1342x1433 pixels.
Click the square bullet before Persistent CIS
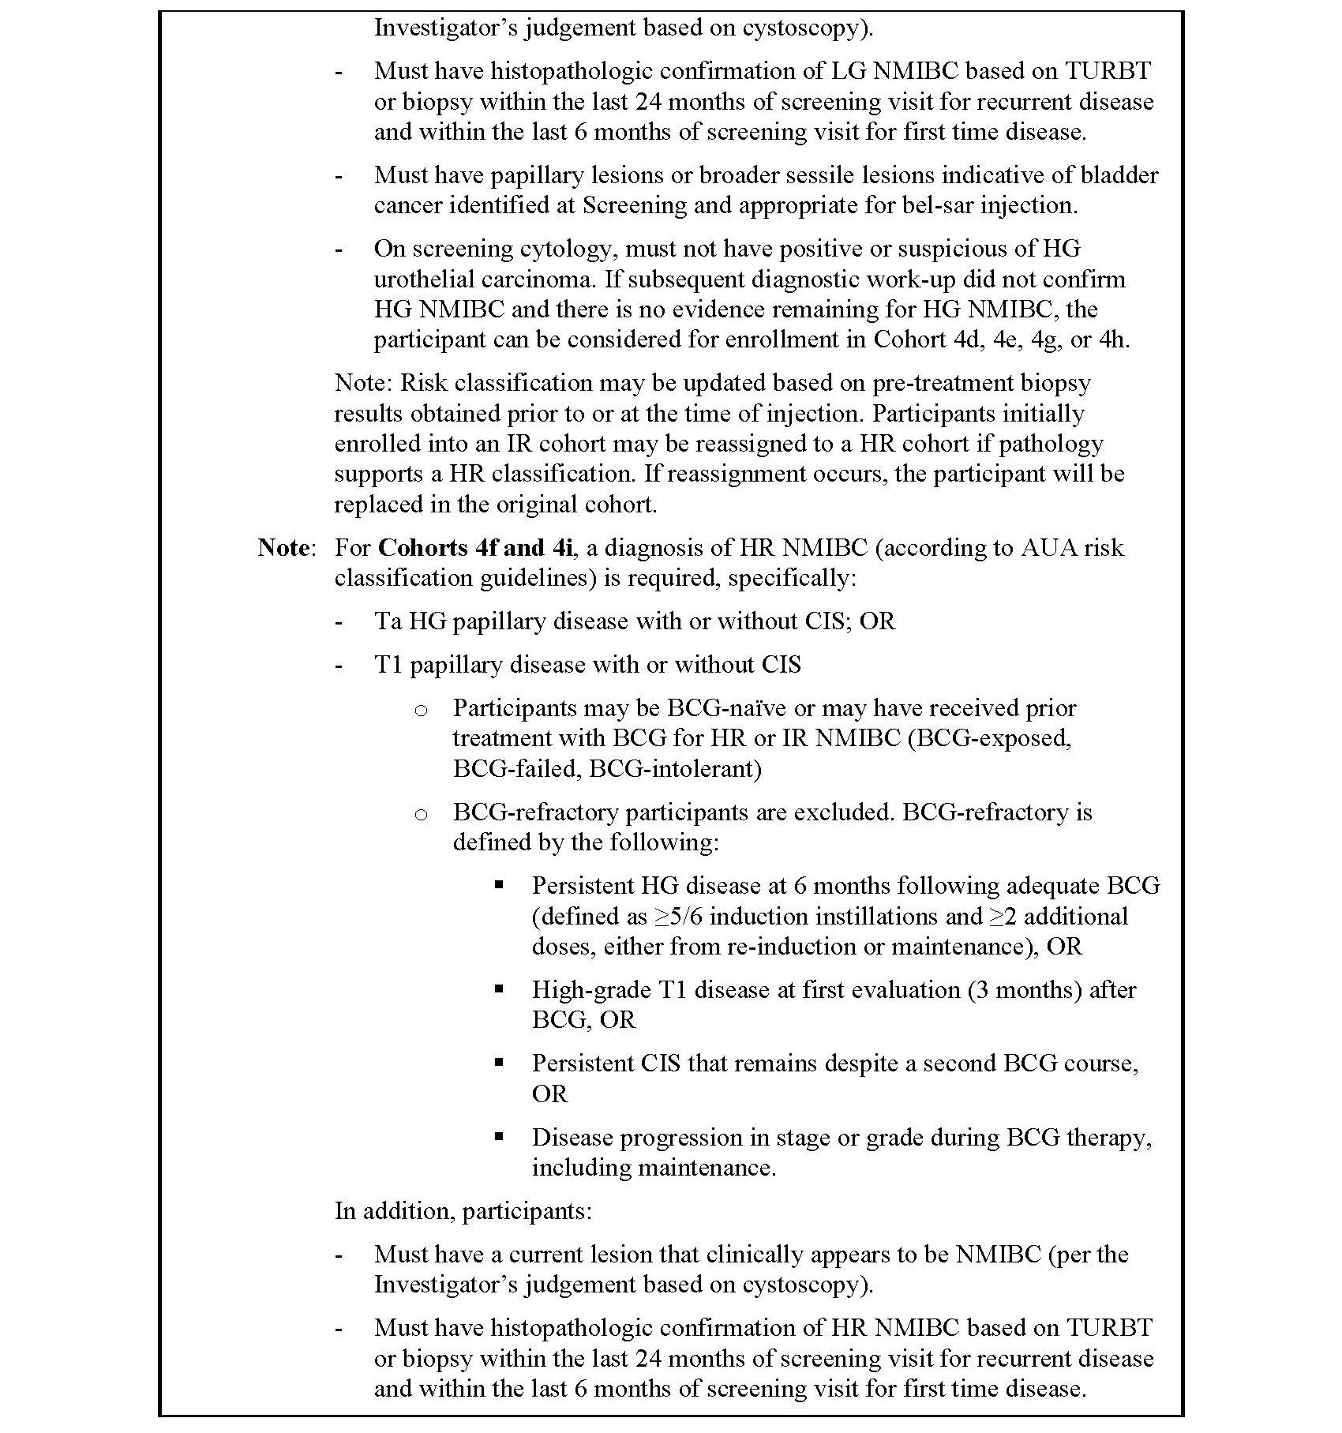click(x=499, y=1063)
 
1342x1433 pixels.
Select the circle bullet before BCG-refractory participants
click(x=422, y=813)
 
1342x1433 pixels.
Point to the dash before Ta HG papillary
click(x=339, y=621)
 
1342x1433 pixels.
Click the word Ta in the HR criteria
click(x=388, y=621)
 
